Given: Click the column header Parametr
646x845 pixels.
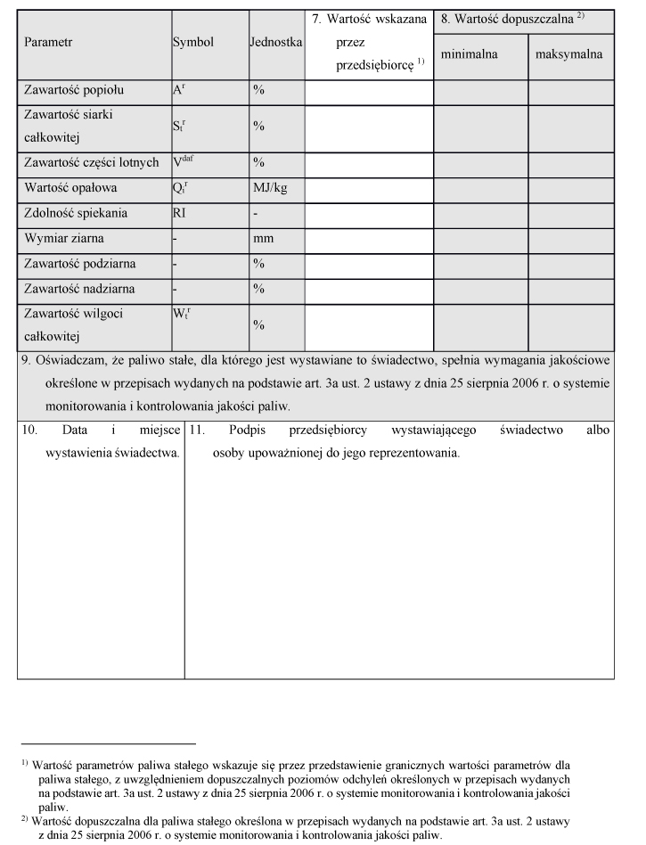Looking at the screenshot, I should coord(48,42).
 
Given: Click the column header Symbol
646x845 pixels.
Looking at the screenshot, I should coord(192,42).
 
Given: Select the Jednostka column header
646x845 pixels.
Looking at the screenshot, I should coord(277,42).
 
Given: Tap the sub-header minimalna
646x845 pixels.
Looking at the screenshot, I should coord(469,54).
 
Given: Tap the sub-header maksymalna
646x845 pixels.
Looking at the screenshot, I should coord(568,54).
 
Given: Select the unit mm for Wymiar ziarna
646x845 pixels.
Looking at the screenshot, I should coord(262,239).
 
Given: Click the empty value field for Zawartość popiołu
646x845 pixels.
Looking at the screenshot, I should coord(369,91).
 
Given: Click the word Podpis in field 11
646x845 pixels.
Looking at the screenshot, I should coord(247,430).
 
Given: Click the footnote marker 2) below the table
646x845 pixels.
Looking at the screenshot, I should coord(26,816).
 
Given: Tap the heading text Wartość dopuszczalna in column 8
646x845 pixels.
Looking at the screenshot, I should coord(511,18).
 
